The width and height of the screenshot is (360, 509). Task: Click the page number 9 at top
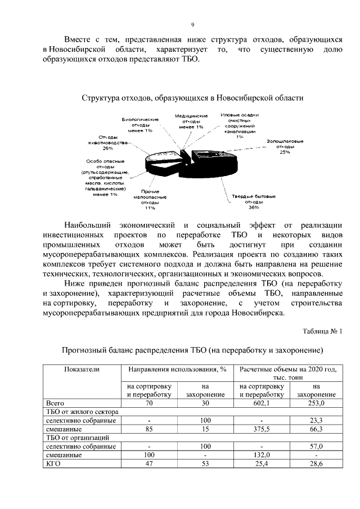coord(192,25)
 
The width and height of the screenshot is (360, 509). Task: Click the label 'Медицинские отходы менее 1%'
coord(191,121)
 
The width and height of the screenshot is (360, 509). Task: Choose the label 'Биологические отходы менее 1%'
coord(140,125)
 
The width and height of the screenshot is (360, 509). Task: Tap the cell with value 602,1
coord(262,403)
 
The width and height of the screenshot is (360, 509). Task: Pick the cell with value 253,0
coord(316,403)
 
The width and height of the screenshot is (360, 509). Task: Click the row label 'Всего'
coord(55,403)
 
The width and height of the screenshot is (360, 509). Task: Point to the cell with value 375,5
coord(262,429)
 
